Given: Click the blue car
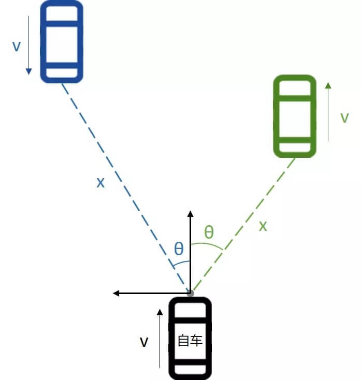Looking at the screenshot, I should pos(62,41).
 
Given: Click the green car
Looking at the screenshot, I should pos(294,115).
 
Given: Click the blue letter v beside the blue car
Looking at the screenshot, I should pos(17,46).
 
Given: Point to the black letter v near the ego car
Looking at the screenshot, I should pos(145,342).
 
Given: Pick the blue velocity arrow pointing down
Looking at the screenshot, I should pos(29,45).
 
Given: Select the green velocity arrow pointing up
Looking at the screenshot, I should pos(328,111).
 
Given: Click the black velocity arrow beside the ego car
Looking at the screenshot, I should pos(160,339).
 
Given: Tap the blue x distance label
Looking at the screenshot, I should pos(100,182).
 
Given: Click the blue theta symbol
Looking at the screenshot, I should pos(179,250).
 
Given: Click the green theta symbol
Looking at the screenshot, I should pos(209,231).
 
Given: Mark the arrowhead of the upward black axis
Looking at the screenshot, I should pos(191,214).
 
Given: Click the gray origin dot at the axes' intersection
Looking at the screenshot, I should pos(191,293).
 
